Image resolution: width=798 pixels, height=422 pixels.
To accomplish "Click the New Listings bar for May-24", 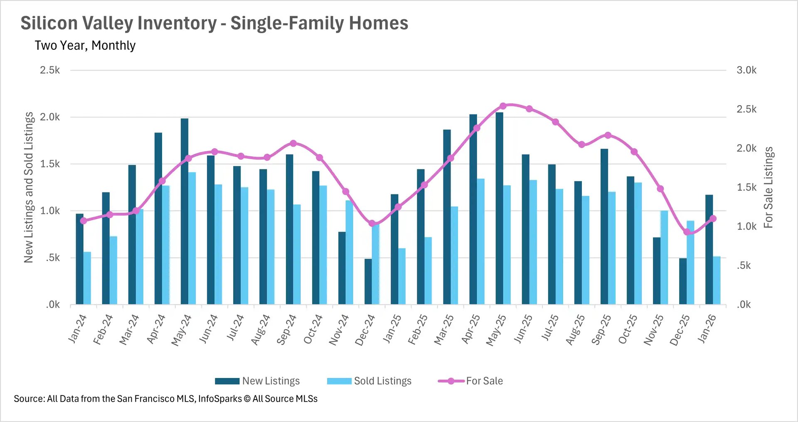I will coord(185,212).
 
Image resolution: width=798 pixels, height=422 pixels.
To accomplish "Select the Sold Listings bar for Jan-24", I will coord(87,278).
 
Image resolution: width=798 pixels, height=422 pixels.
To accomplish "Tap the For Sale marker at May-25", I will coord(503,106).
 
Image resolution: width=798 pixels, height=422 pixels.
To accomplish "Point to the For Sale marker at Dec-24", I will coord(372,223).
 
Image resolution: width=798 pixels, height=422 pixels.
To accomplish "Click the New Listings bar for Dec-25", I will coord(683,281).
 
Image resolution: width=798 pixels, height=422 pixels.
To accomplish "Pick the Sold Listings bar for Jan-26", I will coord(717,280).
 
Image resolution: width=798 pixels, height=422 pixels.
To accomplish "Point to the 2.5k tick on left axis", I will coord(50,70).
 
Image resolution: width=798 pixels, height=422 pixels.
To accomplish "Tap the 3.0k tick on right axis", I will coord(746,70).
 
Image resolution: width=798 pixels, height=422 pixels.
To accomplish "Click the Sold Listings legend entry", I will coord(382,381).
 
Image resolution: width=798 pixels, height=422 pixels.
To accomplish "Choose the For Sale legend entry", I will coord(484,381).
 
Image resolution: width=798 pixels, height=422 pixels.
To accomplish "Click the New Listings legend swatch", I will coord(227,381).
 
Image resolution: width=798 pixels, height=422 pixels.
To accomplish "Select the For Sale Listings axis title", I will coord(768,187).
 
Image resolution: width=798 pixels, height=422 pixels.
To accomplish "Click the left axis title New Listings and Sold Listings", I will coord(28,187).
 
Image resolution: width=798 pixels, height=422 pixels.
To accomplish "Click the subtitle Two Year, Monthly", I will coord(85,45).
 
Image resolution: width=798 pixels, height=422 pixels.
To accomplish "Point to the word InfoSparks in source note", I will coord(220,399).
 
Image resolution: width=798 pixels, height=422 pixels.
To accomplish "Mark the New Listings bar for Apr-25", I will coord(473,210).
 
